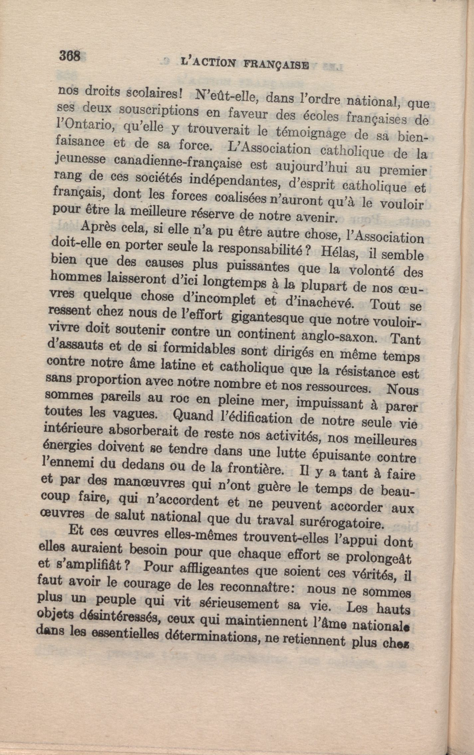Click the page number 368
[x=70, y=55]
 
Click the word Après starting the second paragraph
[x=97, y=228]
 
